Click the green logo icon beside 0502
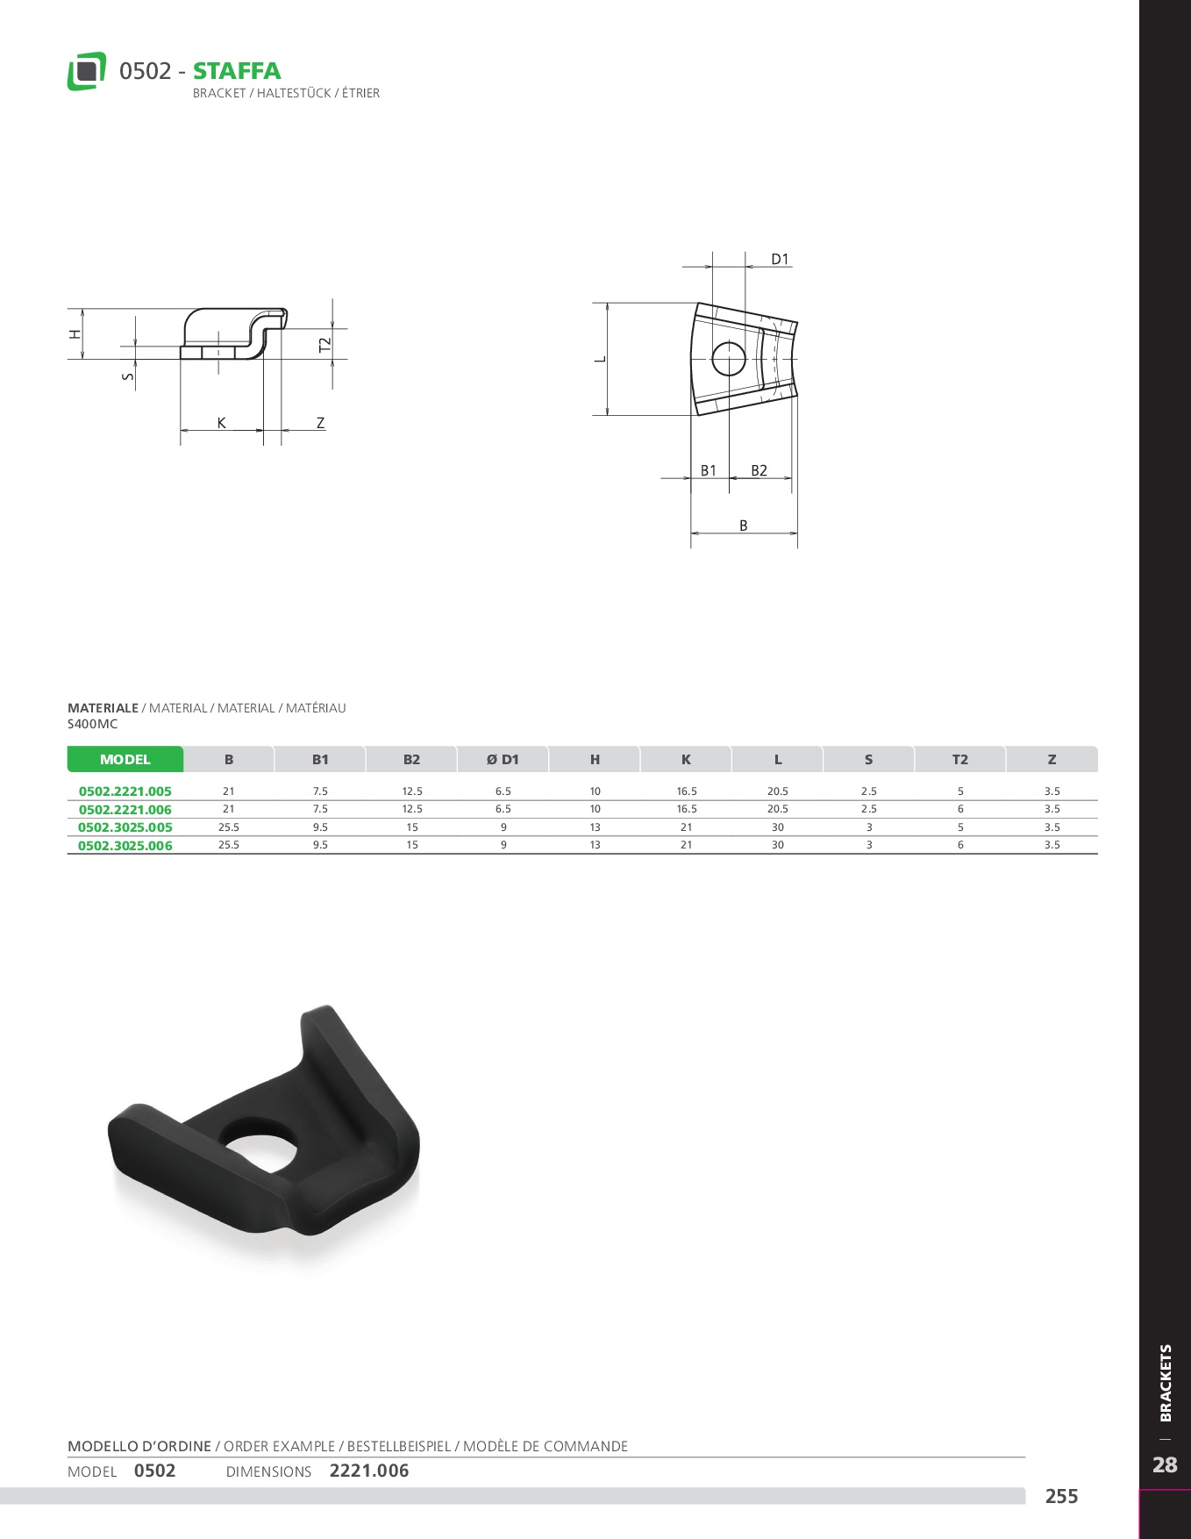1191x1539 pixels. (87, 71)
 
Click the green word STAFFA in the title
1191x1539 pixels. (237, 71)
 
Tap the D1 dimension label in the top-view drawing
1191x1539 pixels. (780, 260)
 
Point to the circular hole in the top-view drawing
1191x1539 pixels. (729, 358)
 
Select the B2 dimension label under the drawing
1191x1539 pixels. (759, 471)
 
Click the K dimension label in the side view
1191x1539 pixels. (222, 423)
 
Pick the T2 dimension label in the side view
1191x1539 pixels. (325, 346)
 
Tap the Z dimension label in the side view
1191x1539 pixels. (321, 423)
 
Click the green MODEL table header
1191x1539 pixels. (125, 760)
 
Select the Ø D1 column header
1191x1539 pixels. (503, 760)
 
